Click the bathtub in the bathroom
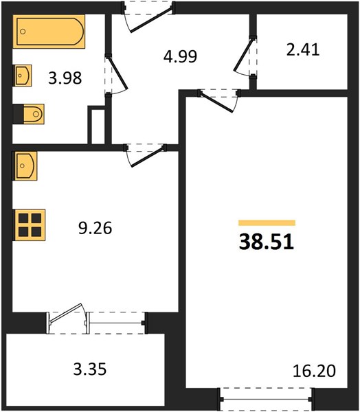(49, 32)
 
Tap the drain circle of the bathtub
(23, 32)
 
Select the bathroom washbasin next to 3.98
(22, 76)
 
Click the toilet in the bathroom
(29, 114)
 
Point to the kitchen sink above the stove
(25, 165)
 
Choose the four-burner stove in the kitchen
(29, 225)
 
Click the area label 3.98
(65, 78)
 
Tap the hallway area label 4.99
(180, 56)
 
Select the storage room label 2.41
(303, 50)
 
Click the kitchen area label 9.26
(95, 228)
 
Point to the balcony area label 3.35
(90, 369)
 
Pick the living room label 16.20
(314, 371)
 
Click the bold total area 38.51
(267, 242)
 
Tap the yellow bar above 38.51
(267, 222)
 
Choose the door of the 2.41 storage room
(243, 54)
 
